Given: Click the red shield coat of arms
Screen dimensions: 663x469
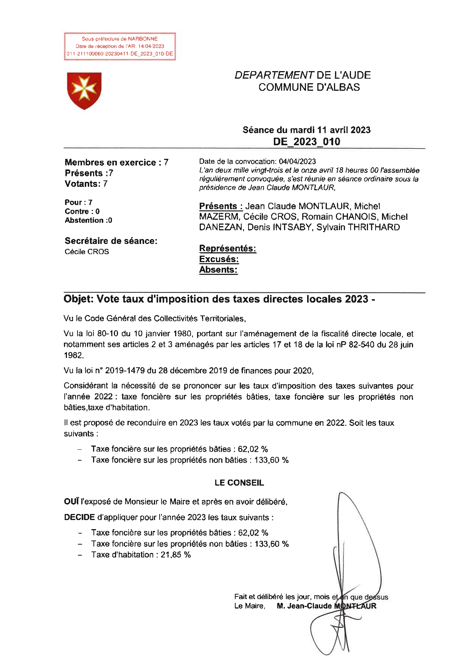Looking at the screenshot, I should [84, 91].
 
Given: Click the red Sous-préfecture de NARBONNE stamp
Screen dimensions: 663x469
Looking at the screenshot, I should [120, 46].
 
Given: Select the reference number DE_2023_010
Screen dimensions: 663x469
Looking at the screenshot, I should [306, 142].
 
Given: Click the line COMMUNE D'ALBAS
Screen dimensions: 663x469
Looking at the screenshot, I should [309, 87].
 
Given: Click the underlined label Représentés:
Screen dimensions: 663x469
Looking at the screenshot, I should [228, 248].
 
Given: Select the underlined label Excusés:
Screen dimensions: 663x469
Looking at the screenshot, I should [219, 259].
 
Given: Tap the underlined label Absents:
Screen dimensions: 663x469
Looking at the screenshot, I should [218, 270].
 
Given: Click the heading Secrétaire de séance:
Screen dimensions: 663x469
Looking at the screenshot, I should [111, 241].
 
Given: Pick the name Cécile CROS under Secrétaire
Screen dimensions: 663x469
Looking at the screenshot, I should [87, 252].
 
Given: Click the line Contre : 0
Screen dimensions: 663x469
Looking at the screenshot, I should [82, 211].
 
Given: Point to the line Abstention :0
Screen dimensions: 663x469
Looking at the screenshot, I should [88, 220].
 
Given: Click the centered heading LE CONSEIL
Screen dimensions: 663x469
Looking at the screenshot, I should [239, 483].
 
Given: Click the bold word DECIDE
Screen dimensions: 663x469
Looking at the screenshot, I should [79, 517].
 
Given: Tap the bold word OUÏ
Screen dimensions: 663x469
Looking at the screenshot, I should [71, 502].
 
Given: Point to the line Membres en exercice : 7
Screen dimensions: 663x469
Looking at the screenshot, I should [116, 163].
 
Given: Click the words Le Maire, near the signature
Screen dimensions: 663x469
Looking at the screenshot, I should [249, 606].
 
